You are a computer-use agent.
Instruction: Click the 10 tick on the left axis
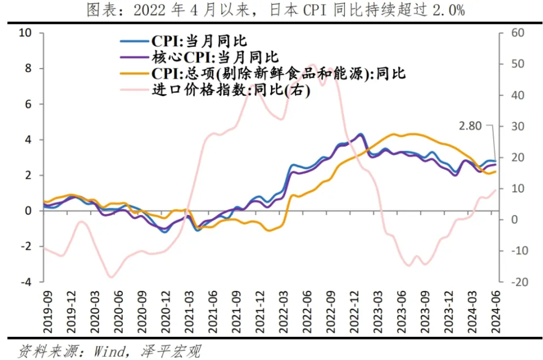26,33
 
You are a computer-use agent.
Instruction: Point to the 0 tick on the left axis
29,211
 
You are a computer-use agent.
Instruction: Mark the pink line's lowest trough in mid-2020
111,277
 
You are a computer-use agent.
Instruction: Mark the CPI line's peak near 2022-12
360,134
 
